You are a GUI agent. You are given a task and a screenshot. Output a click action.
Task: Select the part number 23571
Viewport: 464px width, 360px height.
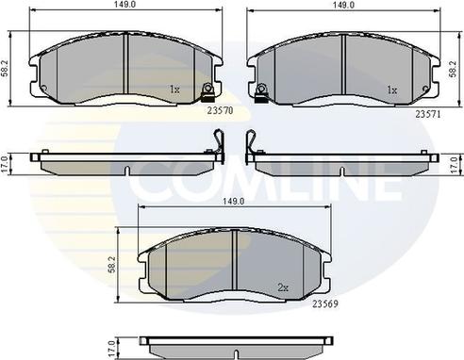coord(428,110)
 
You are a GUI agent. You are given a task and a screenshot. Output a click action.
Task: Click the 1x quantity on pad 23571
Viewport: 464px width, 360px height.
coord(391,90)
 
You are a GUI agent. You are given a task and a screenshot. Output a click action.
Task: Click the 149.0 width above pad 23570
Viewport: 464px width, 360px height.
coord(118,5)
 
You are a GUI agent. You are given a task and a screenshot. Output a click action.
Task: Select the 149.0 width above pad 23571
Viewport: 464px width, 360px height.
coord(342,5)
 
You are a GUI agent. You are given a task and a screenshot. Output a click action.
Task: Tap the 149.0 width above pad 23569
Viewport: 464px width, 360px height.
coord(233,201)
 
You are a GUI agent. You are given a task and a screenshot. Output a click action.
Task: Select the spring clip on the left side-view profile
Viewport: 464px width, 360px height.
coord(216,144)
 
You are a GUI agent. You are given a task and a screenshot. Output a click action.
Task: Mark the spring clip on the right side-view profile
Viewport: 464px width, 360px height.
coord(250,144)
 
